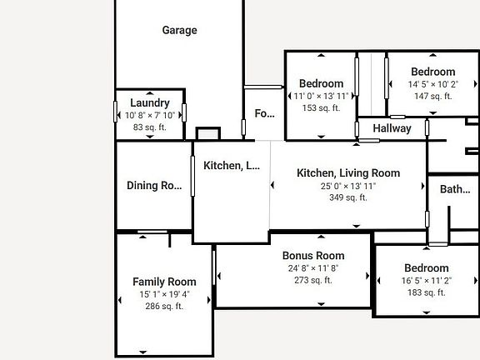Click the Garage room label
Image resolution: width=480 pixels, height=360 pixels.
tap(179, 30)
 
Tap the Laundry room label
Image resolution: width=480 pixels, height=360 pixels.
tap(150, 103)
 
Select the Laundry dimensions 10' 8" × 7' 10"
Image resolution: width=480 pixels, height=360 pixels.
tap(150, 116)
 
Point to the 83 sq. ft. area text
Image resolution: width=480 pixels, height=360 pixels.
tap(150, 127)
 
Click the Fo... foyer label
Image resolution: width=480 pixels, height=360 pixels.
tap(264, 113)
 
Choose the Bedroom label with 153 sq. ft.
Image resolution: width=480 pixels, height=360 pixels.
tap(321, 83)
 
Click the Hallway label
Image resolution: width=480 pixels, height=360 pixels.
tap(392, 128)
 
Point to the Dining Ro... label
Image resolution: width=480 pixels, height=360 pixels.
tap(154, 186)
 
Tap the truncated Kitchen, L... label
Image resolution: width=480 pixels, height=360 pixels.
tap(232, 166)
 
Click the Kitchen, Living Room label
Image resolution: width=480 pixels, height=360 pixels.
tap(348, 173)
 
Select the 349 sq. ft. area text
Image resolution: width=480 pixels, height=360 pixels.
tap(348, 198)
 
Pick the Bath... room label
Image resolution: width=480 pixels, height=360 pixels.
tap(455, 189)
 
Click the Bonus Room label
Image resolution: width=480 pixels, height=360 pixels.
tap(313, 256)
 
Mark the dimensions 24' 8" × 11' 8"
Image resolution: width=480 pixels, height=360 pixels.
tap(313, 268)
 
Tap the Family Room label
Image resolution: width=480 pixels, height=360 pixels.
tap(164, 282)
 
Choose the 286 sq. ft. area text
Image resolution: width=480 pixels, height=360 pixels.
tap(164, 307)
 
